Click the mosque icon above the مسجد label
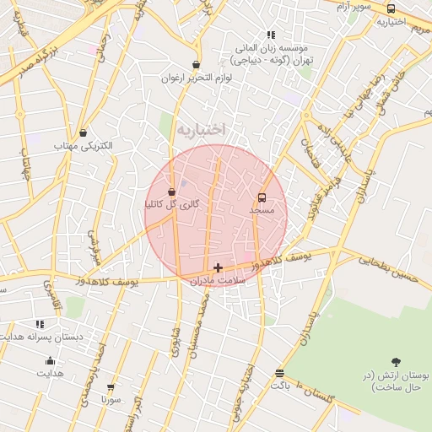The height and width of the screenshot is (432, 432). pos(262,197)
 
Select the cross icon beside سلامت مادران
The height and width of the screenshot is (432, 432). pos(218,267)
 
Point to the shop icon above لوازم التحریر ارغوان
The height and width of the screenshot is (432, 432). pos(197,64)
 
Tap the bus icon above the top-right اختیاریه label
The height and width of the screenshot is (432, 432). pos(390,8)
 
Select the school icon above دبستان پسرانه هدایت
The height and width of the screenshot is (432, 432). pos(40,324)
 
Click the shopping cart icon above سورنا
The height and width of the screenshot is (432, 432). pos(109,386)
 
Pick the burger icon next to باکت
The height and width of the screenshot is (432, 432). pos(280,374)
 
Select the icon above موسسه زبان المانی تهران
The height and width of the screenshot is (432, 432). pos(271,35)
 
